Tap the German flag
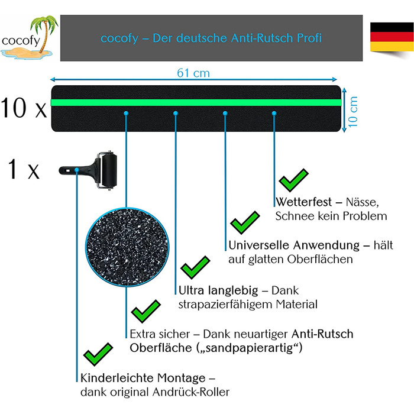[392, 37]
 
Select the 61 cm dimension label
[193, 73]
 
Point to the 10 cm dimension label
[352, 111]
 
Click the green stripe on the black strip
[196, 102]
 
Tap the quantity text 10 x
[24, 108]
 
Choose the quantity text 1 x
[24, 170]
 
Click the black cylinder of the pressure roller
[109, 170]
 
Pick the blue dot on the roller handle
[76, 170]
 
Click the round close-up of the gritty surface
[127, 247]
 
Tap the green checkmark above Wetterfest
[293, 180]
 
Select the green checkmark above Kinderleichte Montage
[98, 354]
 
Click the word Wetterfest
[303, 202]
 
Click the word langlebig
[233, 291]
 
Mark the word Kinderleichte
[117, 378]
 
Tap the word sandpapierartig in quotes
[249, 348]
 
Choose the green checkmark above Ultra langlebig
[195, 267]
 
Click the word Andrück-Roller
[191, 392]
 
